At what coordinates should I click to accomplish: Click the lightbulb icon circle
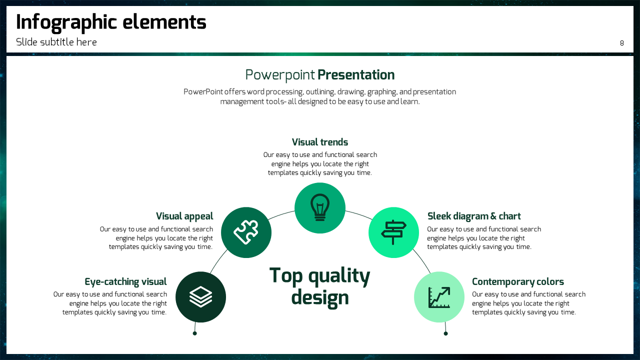(x=320, y=208)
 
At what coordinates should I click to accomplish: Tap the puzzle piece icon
(x=246, y=232)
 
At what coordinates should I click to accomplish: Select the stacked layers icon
(x=200, y=297)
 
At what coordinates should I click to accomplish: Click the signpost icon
(x=393, y=232)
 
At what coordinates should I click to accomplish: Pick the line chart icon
(x=439, y=297)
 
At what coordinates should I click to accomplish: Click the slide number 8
(x=621, y=43)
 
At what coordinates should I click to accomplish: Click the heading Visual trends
(x=320, y=142)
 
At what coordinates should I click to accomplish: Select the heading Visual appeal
(x=184, y=216)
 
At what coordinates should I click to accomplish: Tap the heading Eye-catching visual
(x=125, y=281)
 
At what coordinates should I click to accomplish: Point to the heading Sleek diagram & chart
(x=474, y=216)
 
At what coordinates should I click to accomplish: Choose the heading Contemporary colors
(x=517, y=281)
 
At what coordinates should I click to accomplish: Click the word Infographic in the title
(x=66, y=23)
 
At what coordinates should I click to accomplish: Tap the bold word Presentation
(x=356, y=75)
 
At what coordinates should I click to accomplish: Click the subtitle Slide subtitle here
(x=56, y=42)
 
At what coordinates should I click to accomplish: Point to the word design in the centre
(x=320, y=298)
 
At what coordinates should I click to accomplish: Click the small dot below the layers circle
(x=195, y=333)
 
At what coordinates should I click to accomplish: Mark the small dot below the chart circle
(x=445, y=333)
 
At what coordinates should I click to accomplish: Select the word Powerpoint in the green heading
(x=280, y=75)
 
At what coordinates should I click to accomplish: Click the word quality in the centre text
(x=339, y=276)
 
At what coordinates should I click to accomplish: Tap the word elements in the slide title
(x=164, y=22)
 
